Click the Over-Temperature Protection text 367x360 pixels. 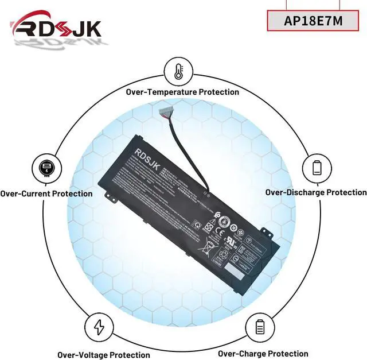click(x=182, y=92)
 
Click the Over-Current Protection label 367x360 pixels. click(x=46, y=193)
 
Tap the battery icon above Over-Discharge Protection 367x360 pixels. click(x=317, y=168)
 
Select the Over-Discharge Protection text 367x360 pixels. click(x=315, y=192)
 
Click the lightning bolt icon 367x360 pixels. click(x=99, y=328)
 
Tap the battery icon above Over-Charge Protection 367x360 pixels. click(x=259, y=328)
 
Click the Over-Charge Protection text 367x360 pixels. click(x=263, y=354)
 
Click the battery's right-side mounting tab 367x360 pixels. click(x=265, y=231)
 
